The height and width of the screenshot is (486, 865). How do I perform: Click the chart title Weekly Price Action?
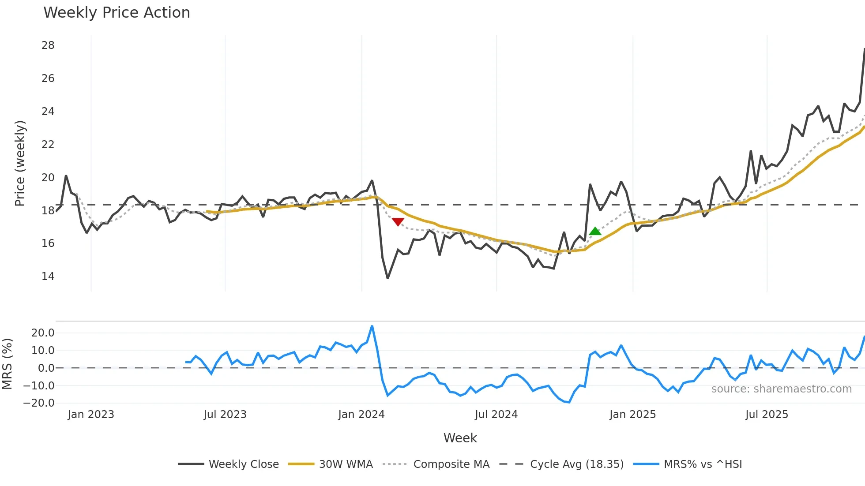pos(117,13)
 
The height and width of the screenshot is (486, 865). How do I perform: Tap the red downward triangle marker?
pos(398,222)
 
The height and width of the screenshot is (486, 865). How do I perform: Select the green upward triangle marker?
pos(595,231)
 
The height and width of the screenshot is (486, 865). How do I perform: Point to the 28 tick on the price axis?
pos(48,45)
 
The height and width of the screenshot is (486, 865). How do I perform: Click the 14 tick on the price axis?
pos(48,277)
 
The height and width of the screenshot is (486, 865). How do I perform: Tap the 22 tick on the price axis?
pos(48,145)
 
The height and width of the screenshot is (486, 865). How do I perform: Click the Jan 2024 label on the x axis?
pos(361,415)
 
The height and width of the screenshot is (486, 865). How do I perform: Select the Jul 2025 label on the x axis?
pos(767,415)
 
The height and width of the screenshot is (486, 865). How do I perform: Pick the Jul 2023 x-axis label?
pos(225,415)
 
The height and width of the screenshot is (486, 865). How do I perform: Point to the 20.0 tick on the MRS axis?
pos(43,333)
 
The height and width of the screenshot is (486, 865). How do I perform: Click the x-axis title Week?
pos(460,438)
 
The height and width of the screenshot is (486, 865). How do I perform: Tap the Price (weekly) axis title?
pos(20,163)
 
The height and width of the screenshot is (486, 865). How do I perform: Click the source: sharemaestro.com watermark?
pos(781,389)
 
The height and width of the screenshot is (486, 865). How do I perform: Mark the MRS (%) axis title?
pos(7,364)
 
